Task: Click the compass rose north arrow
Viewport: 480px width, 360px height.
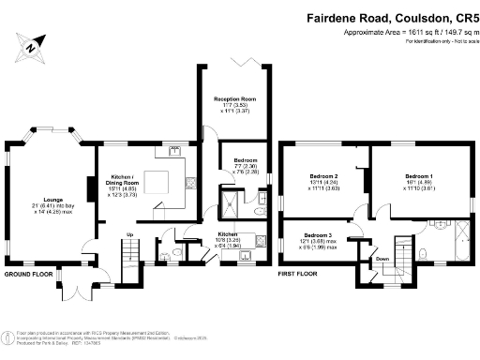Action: tap(32, 44)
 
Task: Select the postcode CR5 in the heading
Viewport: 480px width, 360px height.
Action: tap(459, 16)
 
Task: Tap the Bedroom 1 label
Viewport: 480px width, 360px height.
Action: tap(419, 176)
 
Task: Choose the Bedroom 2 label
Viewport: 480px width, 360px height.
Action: tap(323, 176)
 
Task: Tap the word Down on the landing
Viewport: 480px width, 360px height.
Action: tap(382, 260)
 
